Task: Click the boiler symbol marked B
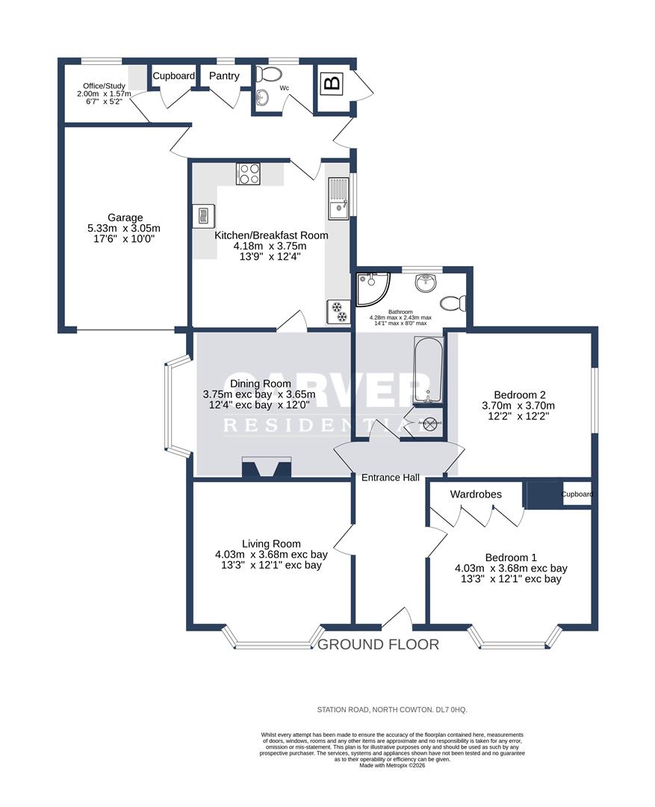coord(332,83)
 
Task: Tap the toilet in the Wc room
coord(270,75)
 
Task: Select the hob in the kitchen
coord(248,173)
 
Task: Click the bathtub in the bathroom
coord(429,371)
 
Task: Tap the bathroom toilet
coord(453,303)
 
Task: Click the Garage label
coord(124,217)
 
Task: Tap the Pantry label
coord(224,76)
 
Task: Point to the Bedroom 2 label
coord(521,395)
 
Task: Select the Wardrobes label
coord(476,495)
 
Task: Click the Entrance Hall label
coord(390,477)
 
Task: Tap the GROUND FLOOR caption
coord(379,644)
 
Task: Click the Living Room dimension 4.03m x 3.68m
coord(271,554)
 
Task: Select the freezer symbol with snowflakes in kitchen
coord(337,312)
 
